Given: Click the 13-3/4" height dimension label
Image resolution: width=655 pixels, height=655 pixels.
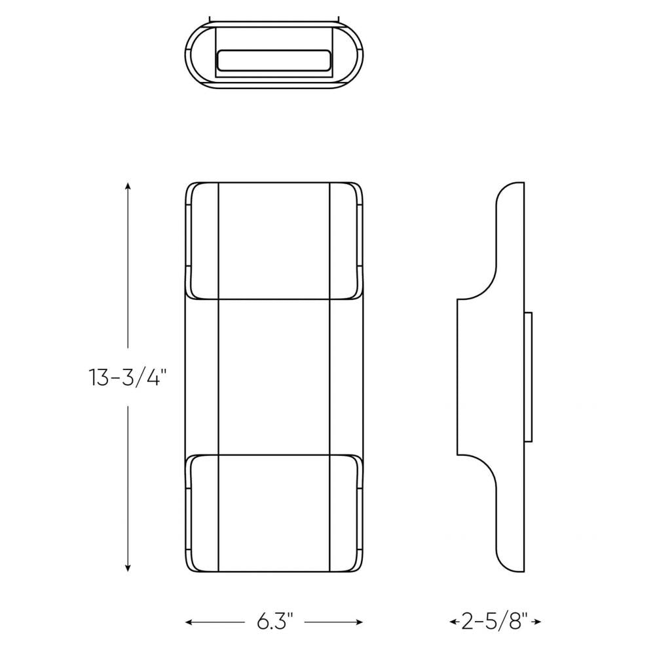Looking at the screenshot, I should click(x=128, y=378).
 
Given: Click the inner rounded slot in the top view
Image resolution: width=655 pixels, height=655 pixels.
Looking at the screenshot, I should click(x=274, y=60).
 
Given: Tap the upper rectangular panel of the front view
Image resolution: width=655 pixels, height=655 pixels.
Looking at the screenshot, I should click(x=274, y=240).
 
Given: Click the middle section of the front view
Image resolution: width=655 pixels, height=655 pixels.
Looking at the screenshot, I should click(x=274, y=377).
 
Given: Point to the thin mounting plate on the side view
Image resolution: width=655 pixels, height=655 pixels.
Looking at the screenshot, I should click(x=528, y=377).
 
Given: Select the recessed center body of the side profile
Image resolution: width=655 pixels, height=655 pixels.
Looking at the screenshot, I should click(x=491, y=377).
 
